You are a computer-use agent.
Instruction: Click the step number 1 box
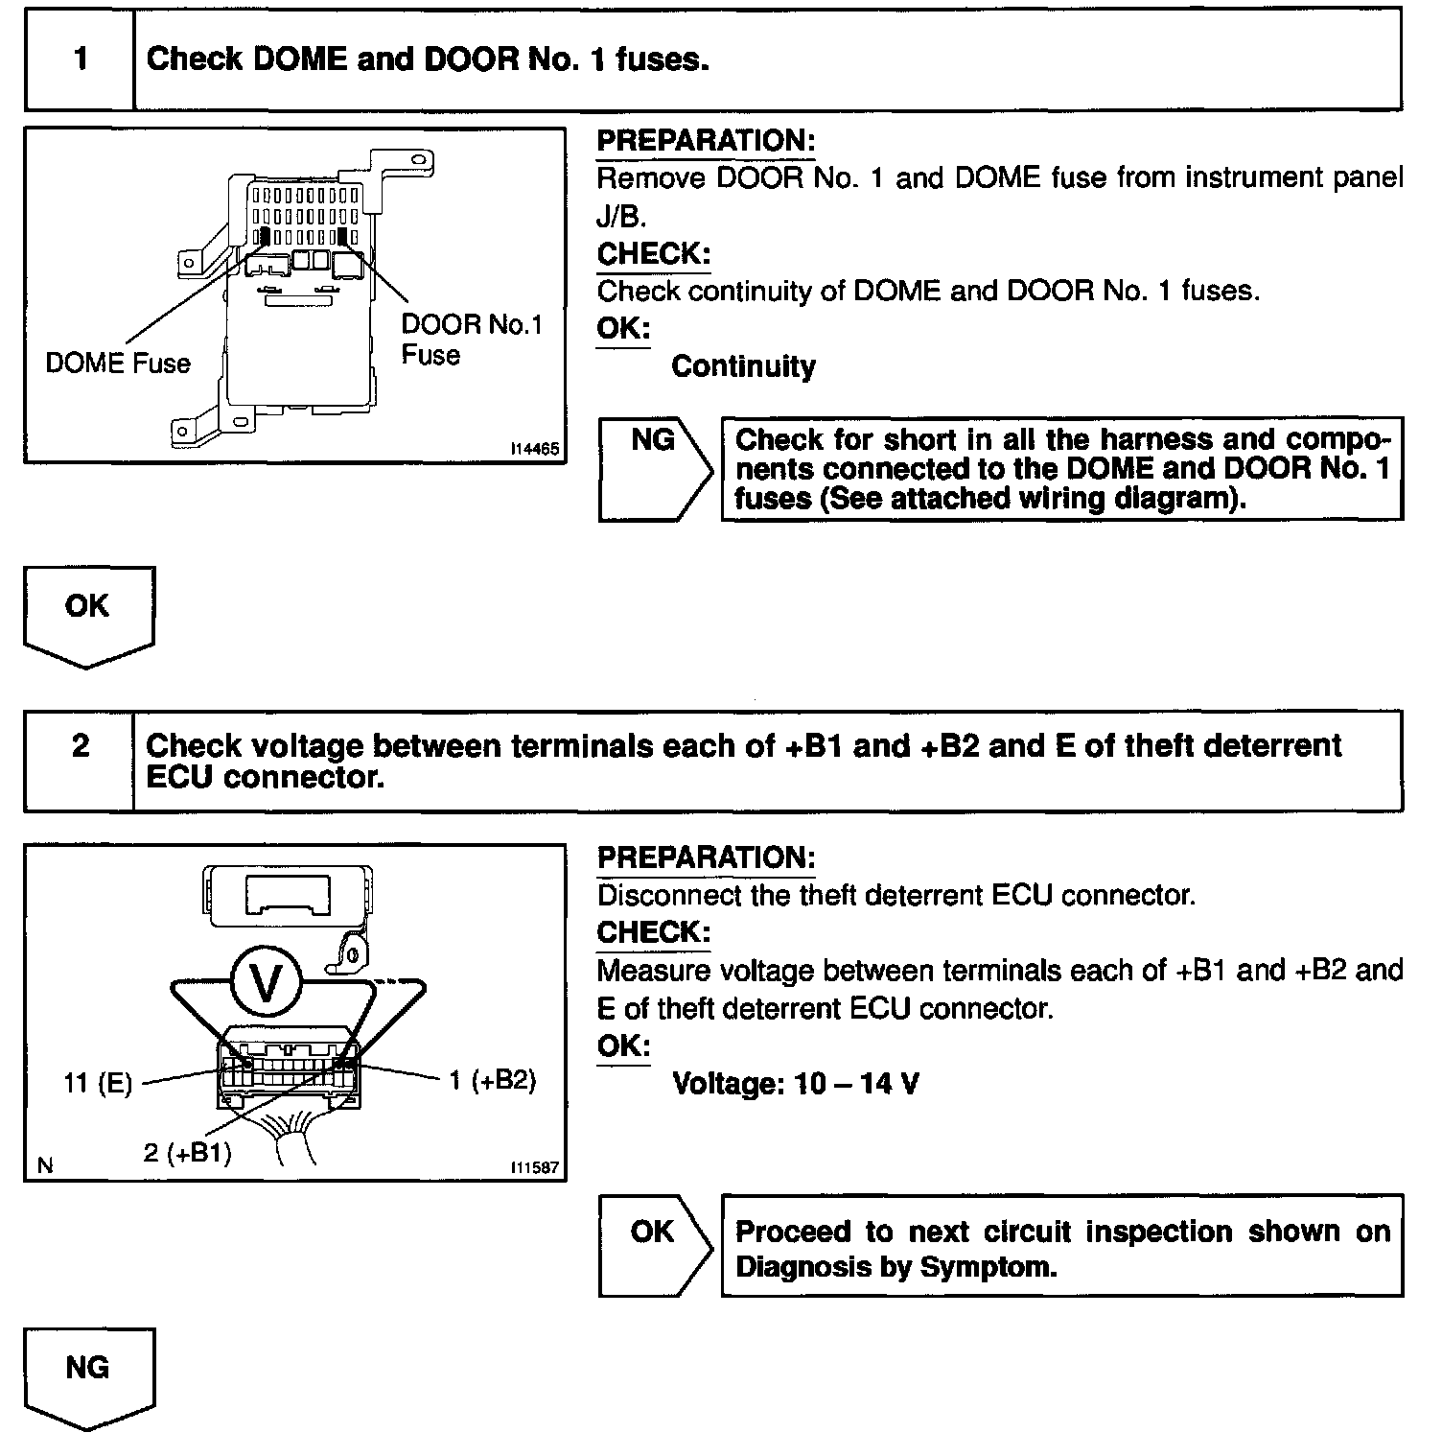[x=80, y=59]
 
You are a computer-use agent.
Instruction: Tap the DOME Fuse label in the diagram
[x=118, y=363]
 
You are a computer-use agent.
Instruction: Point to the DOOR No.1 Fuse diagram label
[x=471, y=340]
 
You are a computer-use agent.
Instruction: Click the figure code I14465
[x=535, y=448]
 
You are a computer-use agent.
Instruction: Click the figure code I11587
[x=535, y=1167]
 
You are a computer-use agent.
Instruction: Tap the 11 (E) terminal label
[x=98, y=1085]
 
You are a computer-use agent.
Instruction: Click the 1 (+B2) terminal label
[x=492, y=1080]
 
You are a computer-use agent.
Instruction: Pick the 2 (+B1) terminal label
[x=188, y=1152]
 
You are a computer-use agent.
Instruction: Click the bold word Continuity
[x=743, y=366]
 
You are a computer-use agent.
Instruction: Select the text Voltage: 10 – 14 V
[x=795, y=1084]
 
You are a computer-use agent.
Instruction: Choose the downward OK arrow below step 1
[x=87, y=614]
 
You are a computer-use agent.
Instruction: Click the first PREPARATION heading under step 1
[x=706, y=141]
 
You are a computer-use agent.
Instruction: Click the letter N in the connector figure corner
[x=44, y=1165]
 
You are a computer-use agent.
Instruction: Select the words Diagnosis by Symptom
[x=895, y=1267]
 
